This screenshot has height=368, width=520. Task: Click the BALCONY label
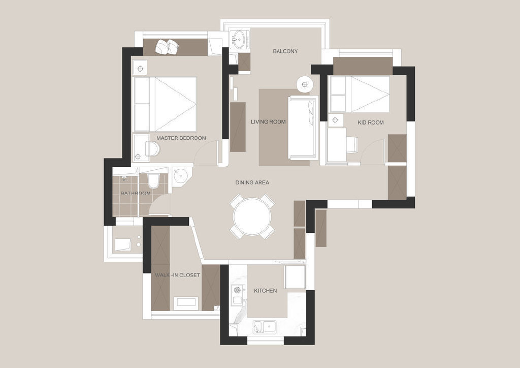[x=285, y=51]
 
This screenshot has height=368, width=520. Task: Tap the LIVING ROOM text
[x=268, y=122]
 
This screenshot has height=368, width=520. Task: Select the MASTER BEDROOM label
[x=181, y=138]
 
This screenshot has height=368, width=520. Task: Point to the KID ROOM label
[x=370, y=122]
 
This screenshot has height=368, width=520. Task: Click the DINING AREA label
[x=252, y=182]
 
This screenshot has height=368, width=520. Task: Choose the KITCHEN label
[x=265, y=291]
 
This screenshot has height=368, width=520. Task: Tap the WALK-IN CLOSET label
[x=177, y=275]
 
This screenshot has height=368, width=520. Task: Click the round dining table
[x=252, y=217]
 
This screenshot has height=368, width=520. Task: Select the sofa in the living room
[x=303, y=128]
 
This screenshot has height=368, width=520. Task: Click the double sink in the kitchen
[x=265, y=327]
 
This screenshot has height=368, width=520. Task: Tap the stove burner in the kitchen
[x=237, y=290]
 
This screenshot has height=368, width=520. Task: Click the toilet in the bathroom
[x=153, y=180]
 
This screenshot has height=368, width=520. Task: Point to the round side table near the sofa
[x=305, y=84]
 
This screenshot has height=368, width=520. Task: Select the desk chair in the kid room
[x=352, y=145]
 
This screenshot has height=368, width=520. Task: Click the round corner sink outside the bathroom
[x=182, y=176]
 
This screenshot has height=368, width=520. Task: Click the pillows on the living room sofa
[x=311, y=113]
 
